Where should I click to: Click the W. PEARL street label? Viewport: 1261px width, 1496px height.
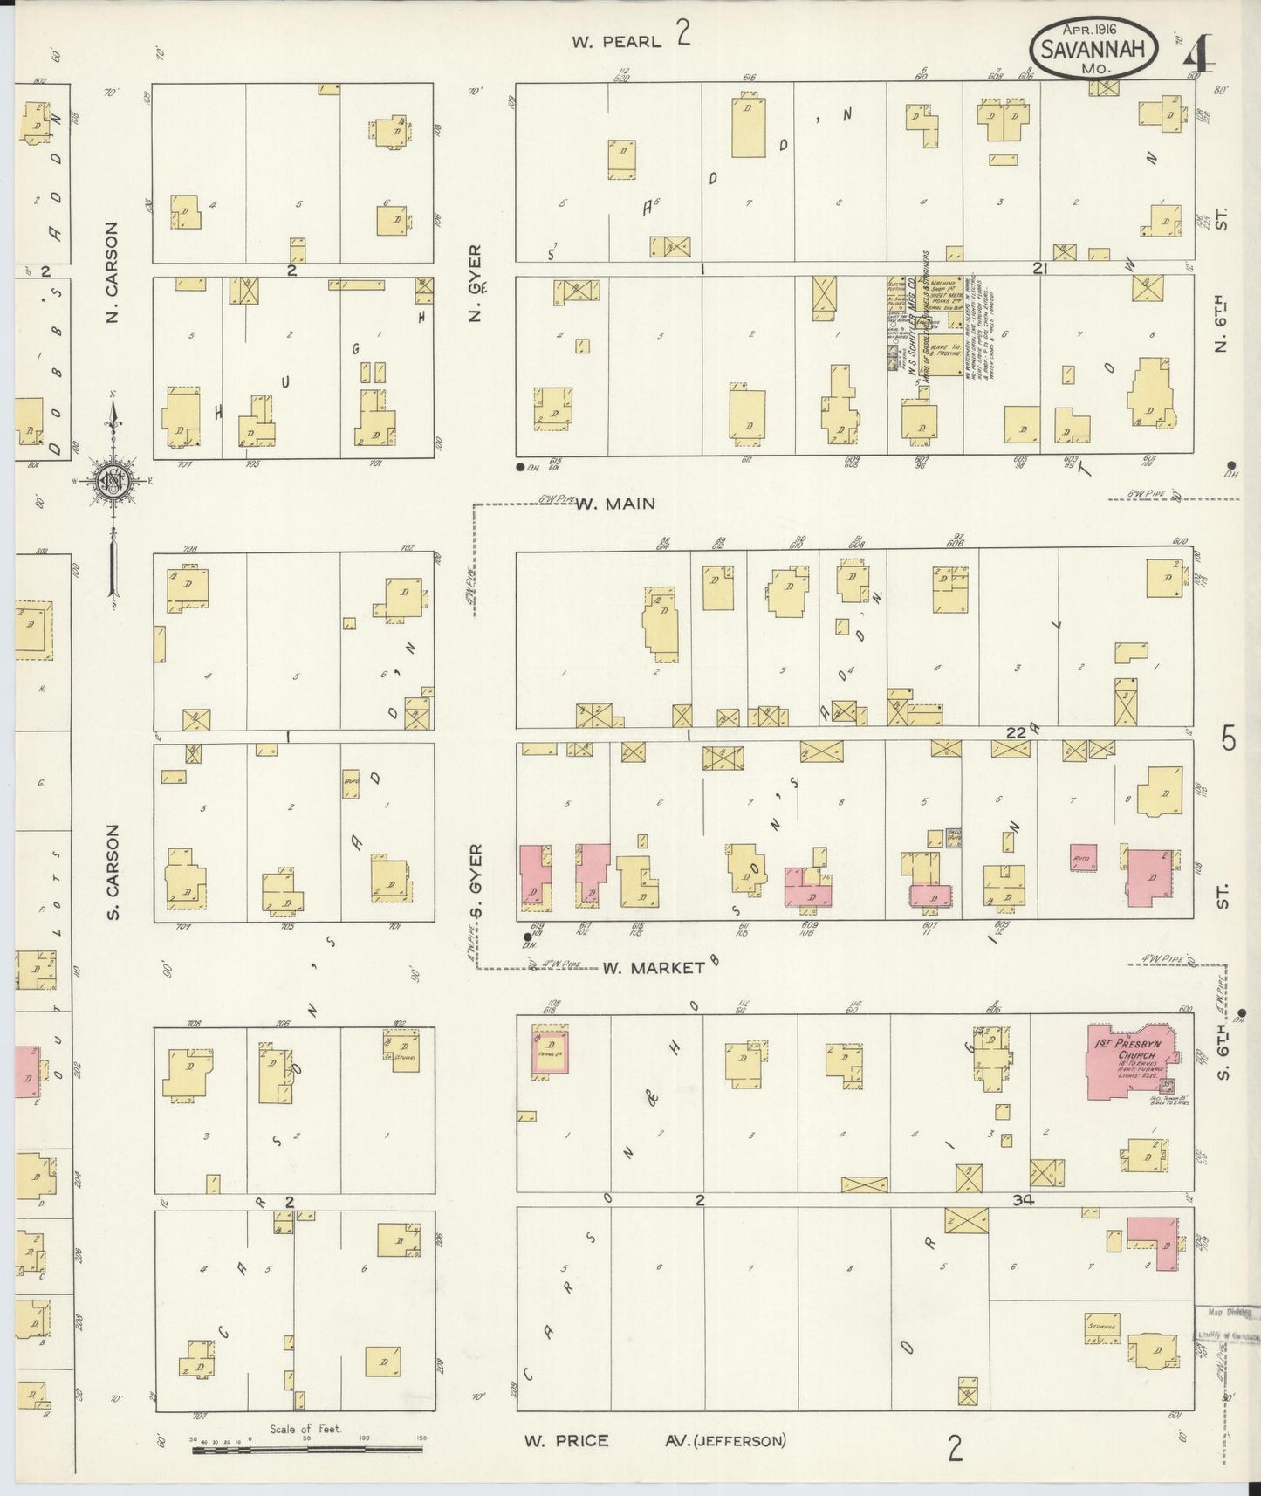click(616, 40)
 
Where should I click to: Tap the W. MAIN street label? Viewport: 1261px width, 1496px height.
click(614, 504)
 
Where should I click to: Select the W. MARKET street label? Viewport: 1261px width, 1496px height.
click(653, 967)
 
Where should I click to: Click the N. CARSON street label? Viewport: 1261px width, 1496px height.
click(112, 271)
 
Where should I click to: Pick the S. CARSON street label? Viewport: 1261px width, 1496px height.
click(113, 872)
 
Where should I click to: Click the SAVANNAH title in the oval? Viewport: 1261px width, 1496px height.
click(1093, 49)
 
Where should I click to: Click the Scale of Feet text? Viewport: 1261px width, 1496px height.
click(305, 1429)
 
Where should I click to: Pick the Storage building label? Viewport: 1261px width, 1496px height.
click(1102, 1327)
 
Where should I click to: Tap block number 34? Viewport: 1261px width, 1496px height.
click(1023, 1200)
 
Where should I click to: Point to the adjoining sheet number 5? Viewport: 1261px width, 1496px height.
click(1229, 739)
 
